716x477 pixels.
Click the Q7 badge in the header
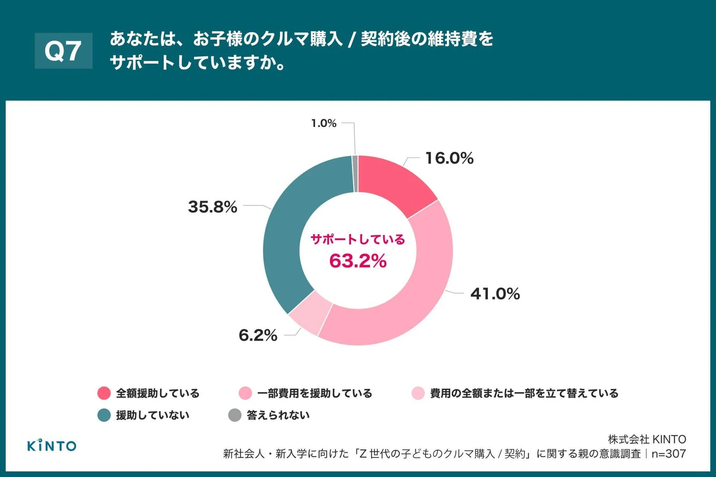63,51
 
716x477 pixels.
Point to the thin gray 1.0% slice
355,173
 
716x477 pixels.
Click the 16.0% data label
449,158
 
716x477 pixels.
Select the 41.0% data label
495,294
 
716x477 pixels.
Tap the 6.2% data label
258,335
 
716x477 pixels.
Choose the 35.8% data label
212,207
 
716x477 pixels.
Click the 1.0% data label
323,123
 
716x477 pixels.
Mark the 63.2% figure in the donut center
358,261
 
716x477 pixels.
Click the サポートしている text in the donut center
358,239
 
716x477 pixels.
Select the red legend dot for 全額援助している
104,393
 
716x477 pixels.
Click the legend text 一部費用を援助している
315,393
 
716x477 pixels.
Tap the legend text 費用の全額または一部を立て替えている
524,393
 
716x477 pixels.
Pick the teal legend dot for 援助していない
104,415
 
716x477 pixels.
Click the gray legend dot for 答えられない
235,415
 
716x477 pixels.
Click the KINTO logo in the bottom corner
52,445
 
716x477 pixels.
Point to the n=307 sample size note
669,454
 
